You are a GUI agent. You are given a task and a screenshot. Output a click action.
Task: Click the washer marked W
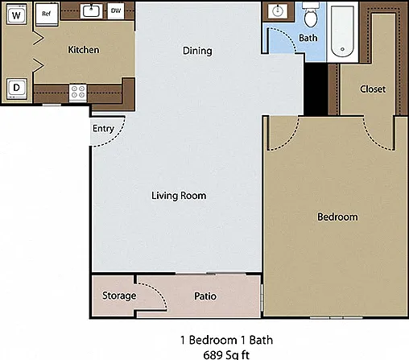[x=16, y=14]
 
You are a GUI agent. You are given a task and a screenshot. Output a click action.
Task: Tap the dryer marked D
[x=17, y=88]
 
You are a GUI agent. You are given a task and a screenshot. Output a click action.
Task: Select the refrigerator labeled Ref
[x=47, y=14]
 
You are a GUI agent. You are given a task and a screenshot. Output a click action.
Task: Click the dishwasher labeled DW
[x=116, y=10]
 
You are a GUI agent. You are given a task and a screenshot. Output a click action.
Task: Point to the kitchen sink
[x=91, y=11]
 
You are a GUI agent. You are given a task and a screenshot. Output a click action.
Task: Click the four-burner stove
[x=78, y=92]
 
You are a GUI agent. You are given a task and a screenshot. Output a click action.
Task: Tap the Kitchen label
[x=84, y=50]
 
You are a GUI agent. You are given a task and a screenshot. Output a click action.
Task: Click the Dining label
[x=197, y=51]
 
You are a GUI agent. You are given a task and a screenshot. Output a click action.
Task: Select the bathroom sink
[x=278, y=11]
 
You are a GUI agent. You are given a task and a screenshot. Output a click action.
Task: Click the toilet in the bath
[x=311, y=14]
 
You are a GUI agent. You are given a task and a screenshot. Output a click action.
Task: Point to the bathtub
[x=342, y=31]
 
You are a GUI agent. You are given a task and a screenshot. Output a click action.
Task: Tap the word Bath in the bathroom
[x=308, y=38]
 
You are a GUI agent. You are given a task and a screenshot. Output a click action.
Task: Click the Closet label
[x=373, y=89]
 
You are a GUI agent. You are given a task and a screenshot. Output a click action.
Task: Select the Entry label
[x=103, y=129]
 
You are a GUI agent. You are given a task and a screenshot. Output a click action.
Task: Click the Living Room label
[x=179, y=196]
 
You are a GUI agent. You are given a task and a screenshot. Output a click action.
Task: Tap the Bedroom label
[x=337, y=217]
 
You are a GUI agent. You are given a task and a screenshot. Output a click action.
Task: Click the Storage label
[x=119, y=296]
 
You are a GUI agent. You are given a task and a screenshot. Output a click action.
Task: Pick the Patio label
[x=205, y=296]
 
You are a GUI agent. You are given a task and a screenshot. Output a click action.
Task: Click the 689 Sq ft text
[x=226, y=354]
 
